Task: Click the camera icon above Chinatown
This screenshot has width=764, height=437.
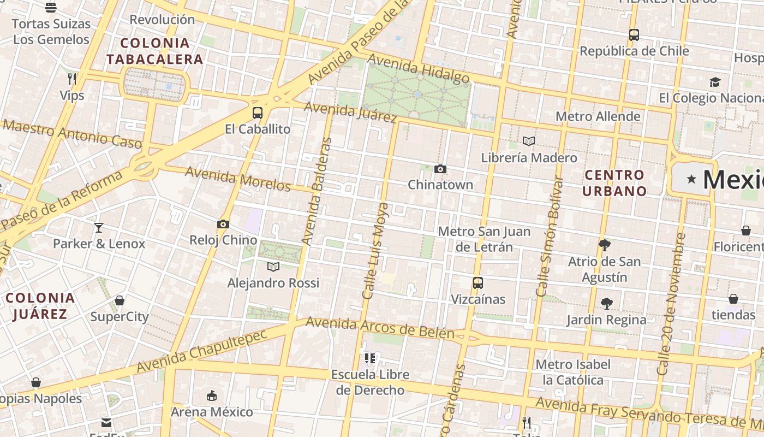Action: (440, 169)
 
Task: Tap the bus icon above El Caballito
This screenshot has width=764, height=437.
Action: (258, 113)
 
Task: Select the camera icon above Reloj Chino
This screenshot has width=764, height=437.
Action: (223, 224)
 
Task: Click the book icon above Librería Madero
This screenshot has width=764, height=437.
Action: (528, 141)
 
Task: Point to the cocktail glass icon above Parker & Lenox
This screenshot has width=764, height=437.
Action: (99, 228)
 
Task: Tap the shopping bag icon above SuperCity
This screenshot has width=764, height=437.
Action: (120, 300)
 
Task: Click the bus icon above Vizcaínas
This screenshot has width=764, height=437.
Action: (478, 283)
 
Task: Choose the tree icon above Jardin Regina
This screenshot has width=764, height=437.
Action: (606, 303)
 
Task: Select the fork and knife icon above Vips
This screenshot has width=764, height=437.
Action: (71, 79)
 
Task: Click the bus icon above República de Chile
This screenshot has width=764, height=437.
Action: (634, 35)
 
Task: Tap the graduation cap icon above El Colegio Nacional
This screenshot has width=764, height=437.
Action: (715, 82)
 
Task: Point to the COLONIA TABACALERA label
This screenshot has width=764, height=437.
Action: (155, 51)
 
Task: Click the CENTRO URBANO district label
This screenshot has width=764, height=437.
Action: (614, 183)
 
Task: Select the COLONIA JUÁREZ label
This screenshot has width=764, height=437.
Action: (40, 306)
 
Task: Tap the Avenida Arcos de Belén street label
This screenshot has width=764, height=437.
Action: (380, 327)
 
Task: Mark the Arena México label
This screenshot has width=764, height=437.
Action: (212, 411)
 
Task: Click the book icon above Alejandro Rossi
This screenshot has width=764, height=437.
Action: (273, 267)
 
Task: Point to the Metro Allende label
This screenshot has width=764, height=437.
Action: (598, 116)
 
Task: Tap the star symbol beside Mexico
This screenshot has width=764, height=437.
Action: (692, 179)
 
